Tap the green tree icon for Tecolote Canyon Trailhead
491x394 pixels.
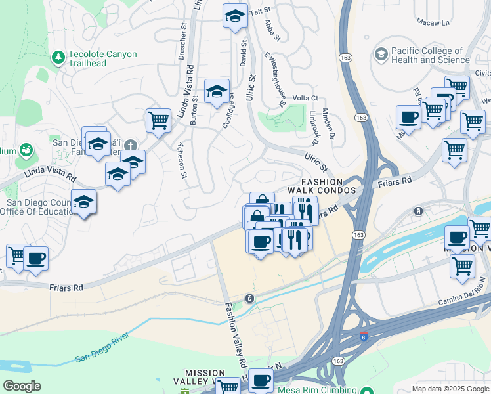coord(59,58)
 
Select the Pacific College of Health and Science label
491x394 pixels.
coord(430,55)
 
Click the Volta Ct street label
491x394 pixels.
coord(305,98)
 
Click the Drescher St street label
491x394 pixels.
coord(182,43)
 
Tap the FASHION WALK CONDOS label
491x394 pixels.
coord(322,186)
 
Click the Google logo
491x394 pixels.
coord(21,385)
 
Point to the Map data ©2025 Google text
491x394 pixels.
coord(450,389)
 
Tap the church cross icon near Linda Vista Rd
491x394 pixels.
coord(131,145)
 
